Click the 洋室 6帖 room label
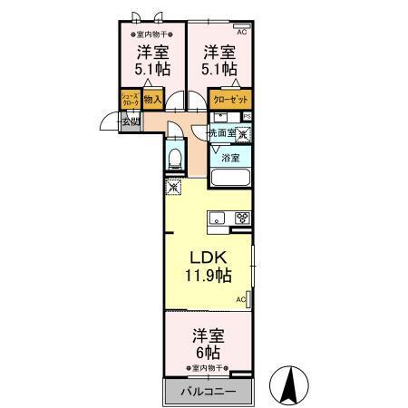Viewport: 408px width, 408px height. (x=208, y=342)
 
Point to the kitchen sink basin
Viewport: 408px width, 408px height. (x=218, y=218)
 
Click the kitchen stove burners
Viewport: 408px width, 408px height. (x=241, y=218)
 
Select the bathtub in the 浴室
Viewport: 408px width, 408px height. (x=231, y=178)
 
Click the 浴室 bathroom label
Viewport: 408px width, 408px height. (x=231, y=157)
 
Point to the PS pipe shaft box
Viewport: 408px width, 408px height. (x=247, y=116)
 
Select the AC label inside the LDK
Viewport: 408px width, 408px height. (x=242, y=299)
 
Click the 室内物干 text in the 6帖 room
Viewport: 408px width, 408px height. (x=209, y=368)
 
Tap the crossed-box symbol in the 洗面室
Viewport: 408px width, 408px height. (x=243, y=133)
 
